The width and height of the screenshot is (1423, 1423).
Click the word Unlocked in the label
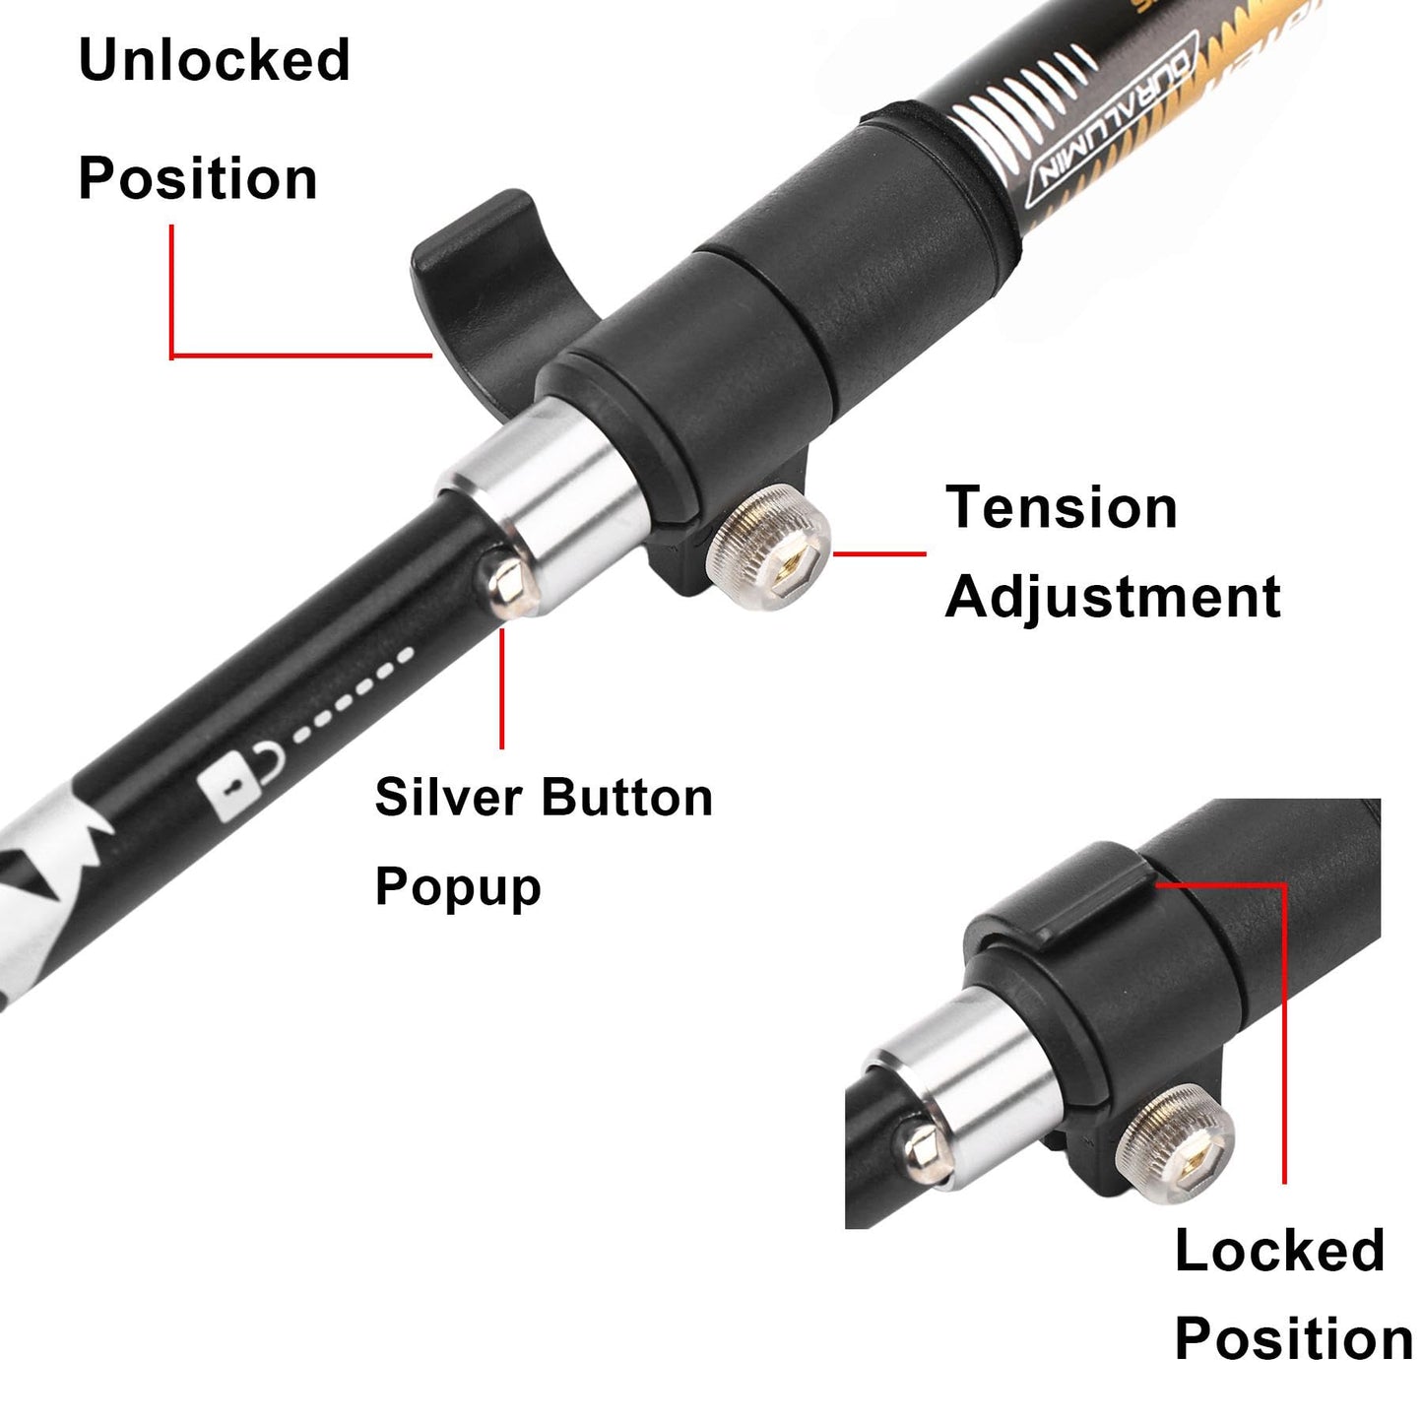pos(214,60)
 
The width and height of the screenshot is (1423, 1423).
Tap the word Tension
pos(1061,508)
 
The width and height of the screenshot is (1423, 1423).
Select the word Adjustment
pos(1112,597)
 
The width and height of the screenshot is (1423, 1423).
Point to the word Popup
pos(458,886)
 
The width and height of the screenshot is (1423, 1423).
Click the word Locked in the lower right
pos(1279,1251)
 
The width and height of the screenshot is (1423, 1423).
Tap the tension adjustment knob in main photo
pos(769,550)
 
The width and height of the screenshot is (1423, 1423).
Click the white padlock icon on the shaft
pos(229,789)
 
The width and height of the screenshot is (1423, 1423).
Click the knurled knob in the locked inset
pos(1176,1139)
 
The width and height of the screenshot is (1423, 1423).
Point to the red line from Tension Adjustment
pos(878,553)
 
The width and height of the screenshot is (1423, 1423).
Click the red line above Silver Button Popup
pos(501,689)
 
